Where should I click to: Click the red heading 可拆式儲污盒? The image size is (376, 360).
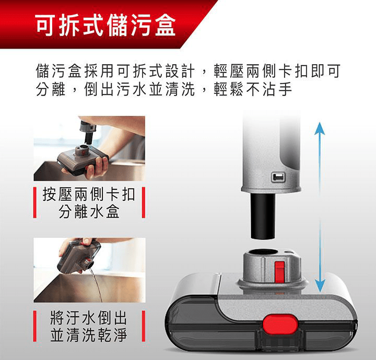105,25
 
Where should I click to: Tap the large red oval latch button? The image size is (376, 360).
280,324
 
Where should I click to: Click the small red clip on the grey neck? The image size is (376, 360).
279,272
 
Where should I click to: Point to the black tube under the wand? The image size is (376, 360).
263,216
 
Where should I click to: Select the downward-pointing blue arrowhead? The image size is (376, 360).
320,286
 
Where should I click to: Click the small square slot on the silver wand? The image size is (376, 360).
278,177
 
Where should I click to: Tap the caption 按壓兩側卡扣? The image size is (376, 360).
88,194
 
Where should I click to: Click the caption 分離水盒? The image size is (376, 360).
89,211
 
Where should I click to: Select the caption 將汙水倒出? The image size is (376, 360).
88,318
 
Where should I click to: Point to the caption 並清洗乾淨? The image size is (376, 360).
88,335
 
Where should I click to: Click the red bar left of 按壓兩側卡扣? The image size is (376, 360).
35,202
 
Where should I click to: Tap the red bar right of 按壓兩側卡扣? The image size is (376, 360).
144,202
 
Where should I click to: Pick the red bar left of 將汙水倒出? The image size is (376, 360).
35,326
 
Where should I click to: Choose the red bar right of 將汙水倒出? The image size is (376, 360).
144,326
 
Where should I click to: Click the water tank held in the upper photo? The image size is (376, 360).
83,161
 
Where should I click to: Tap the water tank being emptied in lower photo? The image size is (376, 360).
79,256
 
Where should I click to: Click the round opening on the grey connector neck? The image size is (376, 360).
262,252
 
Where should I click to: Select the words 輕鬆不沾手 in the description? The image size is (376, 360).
253,89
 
